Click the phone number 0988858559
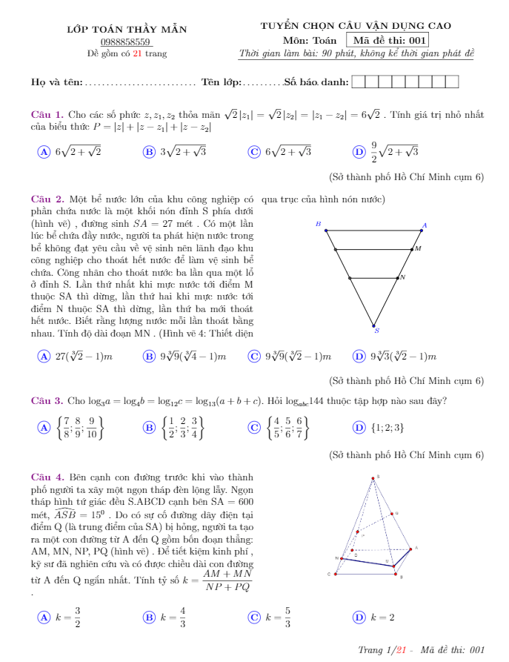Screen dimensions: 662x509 [x=126, y=42]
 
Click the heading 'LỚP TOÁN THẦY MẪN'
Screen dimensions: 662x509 [x=127, y=30]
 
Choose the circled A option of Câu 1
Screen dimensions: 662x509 [x=43, y=151]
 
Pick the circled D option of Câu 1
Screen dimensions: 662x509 [x=359, y=151]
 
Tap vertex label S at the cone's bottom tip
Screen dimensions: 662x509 [x=376, y=331]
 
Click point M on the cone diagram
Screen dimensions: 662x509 [x=412, y=250]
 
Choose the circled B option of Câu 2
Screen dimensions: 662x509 [x=148, y=357]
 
